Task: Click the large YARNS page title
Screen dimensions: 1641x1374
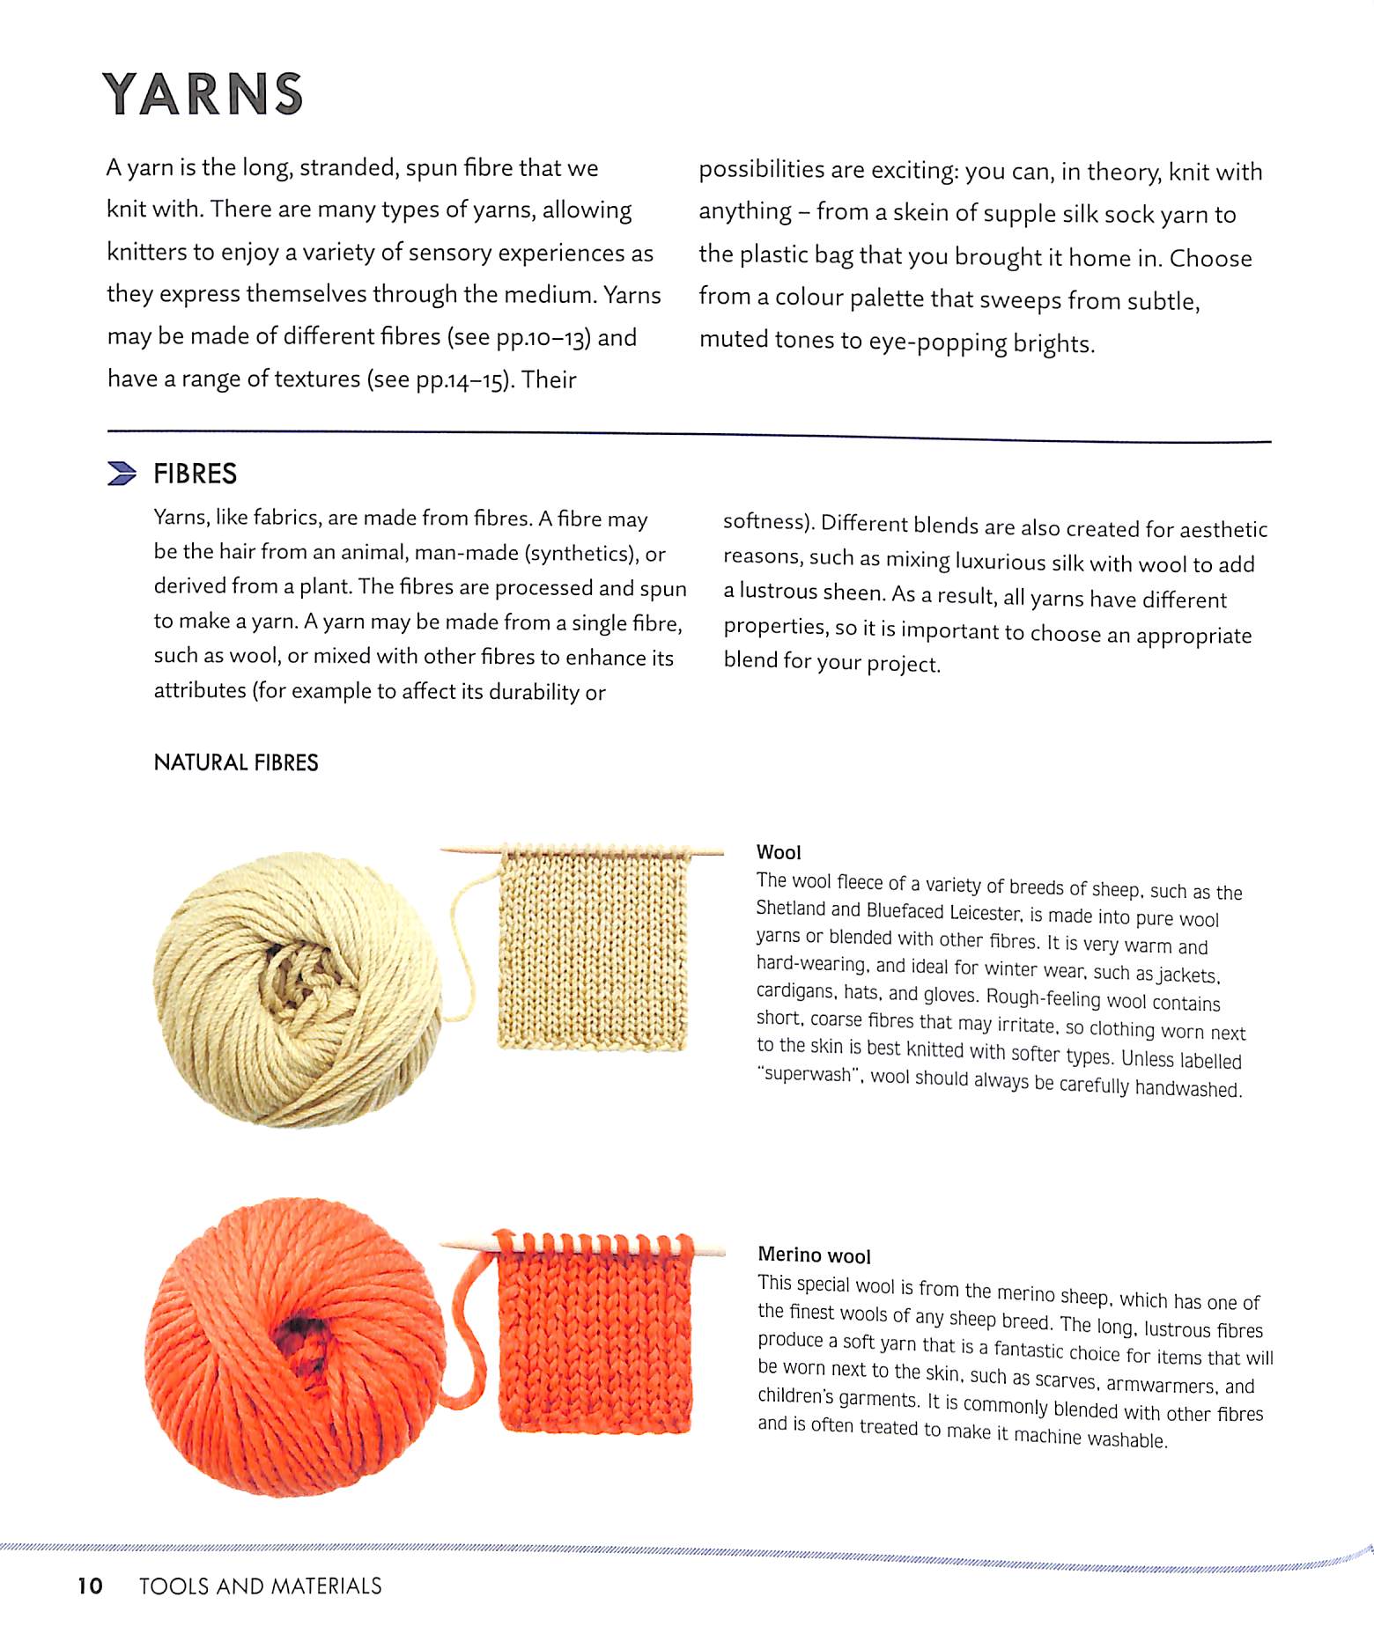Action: click(x=203, y=94)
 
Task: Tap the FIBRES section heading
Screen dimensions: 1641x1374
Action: click(x=195, y=474)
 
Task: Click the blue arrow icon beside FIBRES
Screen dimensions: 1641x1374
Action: click(x=122, y=474)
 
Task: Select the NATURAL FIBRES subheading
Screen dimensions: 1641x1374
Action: click(x=236, y=762)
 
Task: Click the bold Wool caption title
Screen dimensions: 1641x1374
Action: click(x=779, y=852)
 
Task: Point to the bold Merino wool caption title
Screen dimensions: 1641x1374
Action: click(x=814, y=1255)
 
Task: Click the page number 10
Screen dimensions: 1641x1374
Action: click(x=90, y=1586)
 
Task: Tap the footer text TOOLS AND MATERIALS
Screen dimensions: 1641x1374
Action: click(x=261, y=1586)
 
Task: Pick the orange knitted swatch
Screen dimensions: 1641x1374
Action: click(x=595, y=1338)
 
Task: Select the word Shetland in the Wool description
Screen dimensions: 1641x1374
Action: click(x=791, y=909)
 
